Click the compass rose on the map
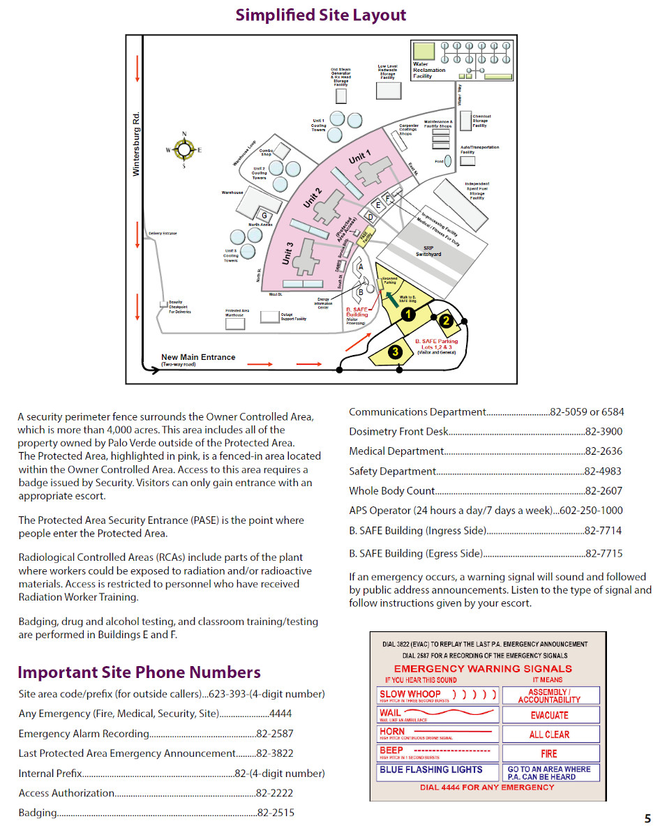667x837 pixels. (x=184, y=149)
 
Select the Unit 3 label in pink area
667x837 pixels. (x=287, y=253)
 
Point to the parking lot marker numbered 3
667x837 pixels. (x=395, y=352)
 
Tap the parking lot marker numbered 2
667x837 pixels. (x=447, y=321)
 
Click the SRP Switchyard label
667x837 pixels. (x=428, y=251)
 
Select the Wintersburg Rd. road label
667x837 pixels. (x=136, y=143)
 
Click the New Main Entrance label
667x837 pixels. (x=198, y=357)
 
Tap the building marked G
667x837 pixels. (x=264, y=215)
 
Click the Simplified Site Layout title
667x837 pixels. (x=320, y=15)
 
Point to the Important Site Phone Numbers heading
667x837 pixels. (x=139, y=672)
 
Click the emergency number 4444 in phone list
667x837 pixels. (x=280, y=714)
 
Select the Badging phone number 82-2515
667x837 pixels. (x=276, y=813)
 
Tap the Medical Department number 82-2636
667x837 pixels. (x=604, y=451)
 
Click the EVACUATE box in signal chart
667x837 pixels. (x=549, y=715)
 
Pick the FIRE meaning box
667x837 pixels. (x=549, y=753)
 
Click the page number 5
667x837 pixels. (x=647, y=819)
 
